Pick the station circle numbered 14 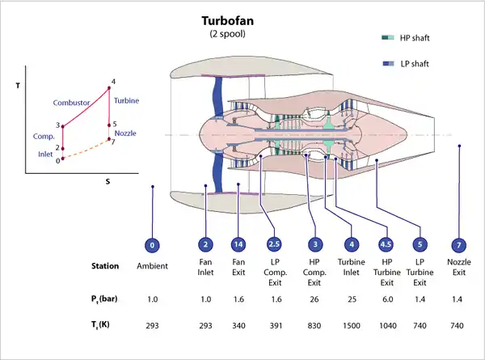click(x=238, y=244)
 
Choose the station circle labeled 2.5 click(x=274, y=244)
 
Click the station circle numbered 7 click(x=458, y=244)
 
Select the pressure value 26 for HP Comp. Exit click(x=314, y=299)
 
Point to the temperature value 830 click(x=314, y=326)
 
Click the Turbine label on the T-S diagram click(x=127, y=100)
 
